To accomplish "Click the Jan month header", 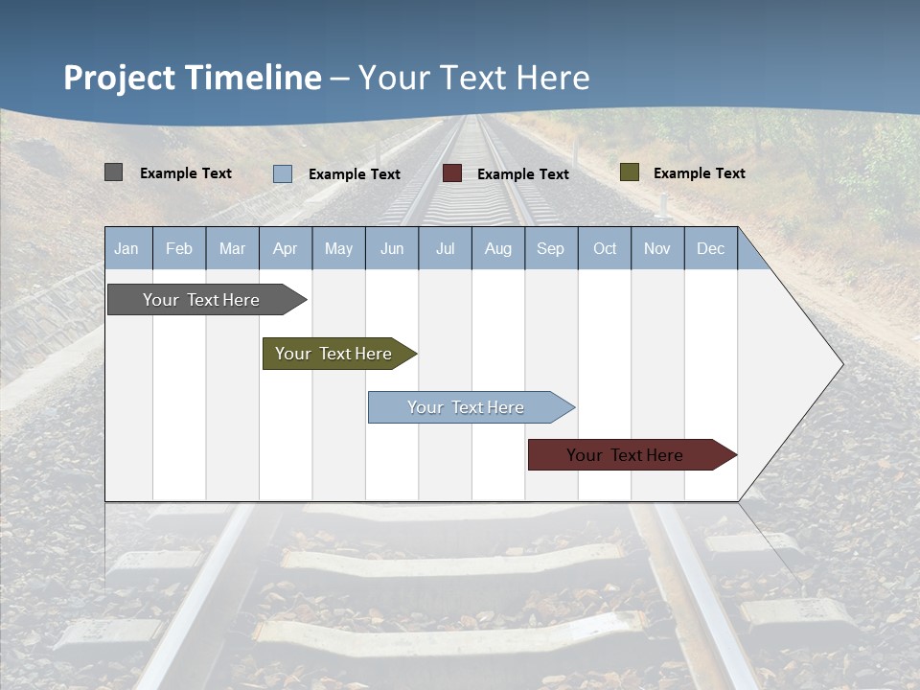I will click(127, 249).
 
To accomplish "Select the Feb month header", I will click(179, 249).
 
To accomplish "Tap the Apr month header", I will click(286, 249).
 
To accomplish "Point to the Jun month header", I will click(392, 249).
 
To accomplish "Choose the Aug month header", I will click(498, 249).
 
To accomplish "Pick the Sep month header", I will click(551, 249).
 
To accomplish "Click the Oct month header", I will click(605, 249).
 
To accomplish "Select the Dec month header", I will click(711, 249).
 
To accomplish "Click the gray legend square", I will click(114, 172).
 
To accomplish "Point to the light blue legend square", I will click(283, 173).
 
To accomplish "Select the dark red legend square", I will click(452, 173).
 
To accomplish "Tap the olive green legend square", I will click(630, 172).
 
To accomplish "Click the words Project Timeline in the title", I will click(193, 78).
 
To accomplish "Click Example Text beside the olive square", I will click(699, 173).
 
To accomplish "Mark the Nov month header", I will click(657, 249).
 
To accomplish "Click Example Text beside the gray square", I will click(186, 173).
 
